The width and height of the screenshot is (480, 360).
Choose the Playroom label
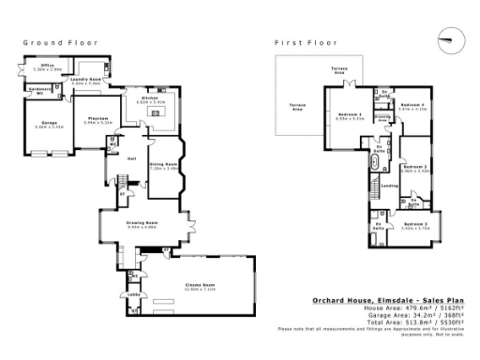pos(98,119)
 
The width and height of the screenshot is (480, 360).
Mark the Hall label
pos(132,158)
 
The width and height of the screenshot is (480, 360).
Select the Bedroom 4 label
pos(412,105)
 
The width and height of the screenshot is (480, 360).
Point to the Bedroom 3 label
pos(416,225)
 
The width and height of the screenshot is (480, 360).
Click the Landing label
pos(389,186)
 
